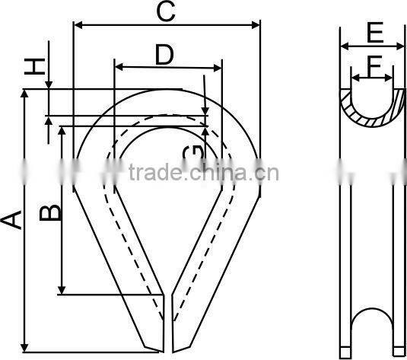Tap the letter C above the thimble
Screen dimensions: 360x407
pyautogui.click(x=166, y=11)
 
